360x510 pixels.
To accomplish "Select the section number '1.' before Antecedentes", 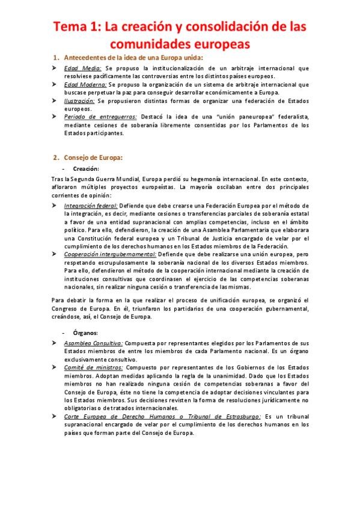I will [x=56, y=58].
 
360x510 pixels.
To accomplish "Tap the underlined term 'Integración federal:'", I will [x=91, y=206].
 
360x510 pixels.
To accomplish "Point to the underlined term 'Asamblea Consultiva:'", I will [x=93, y=343].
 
